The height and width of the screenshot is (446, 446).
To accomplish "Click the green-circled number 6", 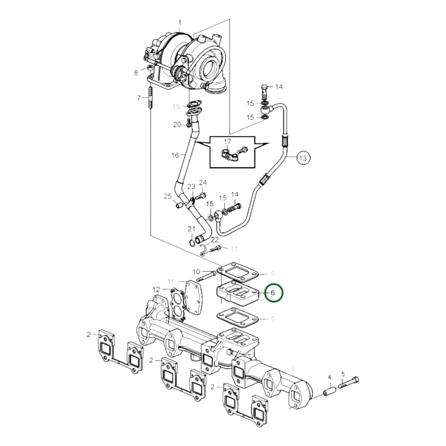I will [x=273, y=293].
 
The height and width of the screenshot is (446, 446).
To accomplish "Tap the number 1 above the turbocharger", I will [x=180, y=23].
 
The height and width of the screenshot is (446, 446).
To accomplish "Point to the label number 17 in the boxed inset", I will [x=227, y=142].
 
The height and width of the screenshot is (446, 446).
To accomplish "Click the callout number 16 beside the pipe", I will [x=175, y=155].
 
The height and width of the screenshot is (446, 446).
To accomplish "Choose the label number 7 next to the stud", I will [x=139, y=98].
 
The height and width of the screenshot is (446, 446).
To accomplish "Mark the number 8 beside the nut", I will [x=136, y=73].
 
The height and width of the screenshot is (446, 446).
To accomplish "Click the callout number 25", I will [x=168, y=196].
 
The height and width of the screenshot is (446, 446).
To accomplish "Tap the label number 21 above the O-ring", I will [x=192, y=229].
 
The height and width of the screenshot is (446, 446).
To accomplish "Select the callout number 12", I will [x=156, y=290].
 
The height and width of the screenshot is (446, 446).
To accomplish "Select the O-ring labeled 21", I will [x=192, y=243].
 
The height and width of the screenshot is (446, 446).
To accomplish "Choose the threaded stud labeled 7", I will [x=150, y=98].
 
